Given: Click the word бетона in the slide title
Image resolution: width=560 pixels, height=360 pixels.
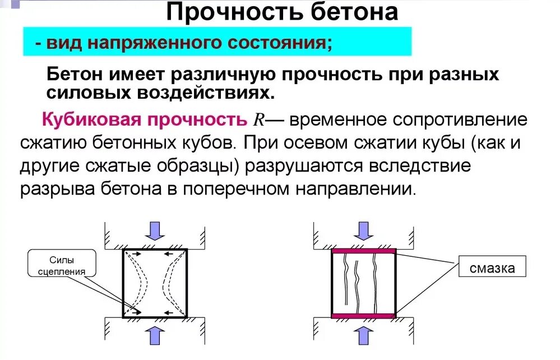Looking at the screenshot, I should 346,12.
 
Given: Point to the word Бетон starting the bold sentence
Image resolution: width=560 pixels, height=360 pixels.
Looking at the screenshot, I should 73,75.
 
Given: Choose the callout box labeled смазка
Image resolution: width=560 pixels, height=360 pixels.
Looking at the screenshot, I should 493,267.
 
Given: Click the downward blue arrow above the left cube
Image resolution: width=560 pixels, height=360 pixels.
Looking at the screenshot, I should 154,230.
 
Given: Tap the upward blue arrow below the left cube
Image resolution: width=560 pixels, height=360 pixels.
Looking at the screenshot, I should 154,335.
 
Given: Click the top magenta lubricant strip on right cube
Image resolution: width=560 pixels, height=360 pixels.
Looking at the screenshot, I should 364,251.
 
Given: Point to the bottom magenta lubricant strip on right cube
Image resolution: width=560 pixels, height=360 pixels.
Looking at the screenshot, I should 364,316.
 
